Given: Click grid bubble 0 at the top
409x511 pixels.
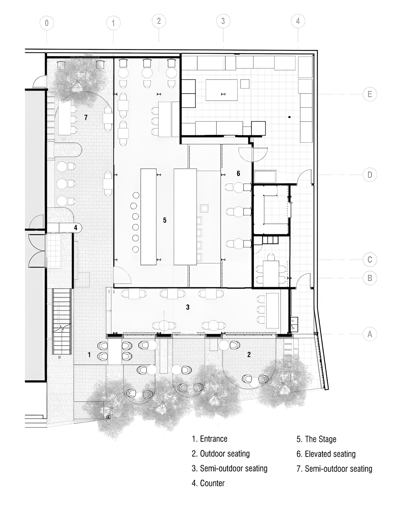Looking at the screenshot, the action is (47, 23).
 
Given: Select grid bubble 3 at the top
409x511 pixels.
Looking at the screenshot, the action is (223, 21).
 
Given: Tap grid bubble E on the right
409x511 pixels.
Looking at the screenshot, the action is (370, 94).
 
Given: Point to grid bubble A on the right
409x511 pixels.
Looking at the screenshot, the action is (370, 334).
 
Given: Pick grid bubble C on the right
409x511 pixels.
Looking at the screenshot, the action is (370, 260).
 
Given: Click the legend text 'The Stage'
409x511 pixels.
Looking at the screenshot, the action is (321, 439).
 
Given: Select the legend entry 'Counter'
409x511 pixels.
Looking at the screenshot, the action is (212, 483).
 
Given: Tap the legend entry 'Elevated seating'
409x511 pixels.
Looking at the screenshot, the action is (330, 454).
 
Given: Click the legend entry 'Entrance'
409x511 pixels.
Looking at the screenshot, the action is (214, 439).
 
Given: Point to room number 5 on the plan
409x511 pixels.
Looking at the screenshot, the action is (165, 220).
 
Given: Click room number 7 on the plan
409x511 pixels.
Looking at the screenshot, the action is (86, 117).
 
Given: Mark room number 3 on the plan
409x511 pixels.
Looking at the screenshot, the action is (188, 307).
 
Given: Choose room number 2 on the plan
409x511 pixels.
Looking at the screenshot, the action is (249, 354).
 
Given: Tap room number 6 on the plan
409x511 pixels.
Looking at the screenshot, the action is (238, 173).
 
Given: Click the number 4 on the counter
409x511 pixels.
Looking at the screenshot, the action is (76, 227).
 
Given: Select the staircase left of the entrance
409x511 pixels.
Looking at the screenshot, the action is (61, 321).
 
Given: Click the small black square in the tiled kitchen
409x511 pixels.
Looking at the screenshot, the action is (289, 117).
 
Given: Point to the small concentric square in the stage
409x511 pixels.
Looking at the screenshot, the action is (204, 208).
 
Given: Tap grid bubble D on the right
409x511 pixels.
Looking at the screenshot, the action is (370, 175).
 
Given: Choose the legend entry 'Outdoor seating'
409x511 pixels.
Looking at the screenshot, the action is (225, 454).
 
